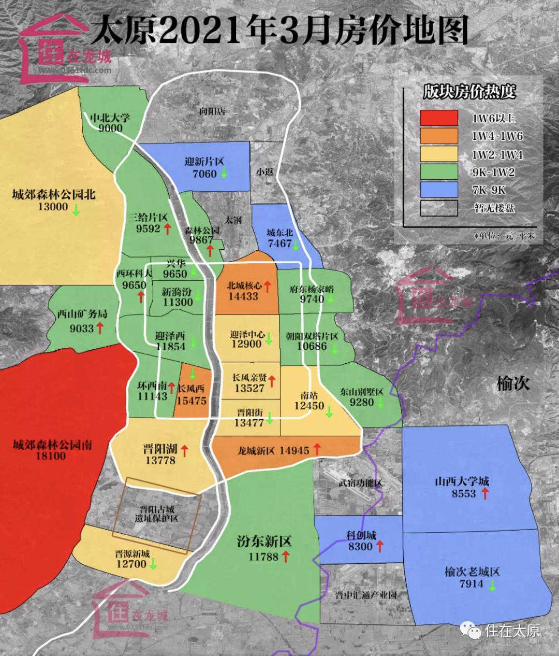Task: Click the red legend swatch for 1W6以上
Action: coord(439,118)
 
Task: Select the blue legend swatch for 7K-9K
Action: coord(439,190)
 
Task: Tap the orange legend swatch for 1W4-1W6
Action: coord(439,136)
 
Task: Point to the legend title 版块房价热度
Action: coord(469,92)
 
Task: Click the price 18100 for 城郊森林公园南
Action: coord(51,456)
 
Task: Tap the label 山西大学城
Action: coord(462,481)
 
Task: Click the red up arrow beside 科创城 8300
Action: coord(379,546)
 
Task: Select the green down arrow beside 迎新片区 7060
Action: coord(224,173)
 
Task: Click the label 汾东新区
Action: coord(264,542)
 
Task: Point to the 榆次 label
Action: coord(513,383)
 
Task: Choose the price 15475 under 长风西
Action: coord(191,401)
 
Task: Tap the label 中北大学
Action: coord(110,117)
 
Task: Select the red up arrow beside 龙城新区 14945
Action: coord(317,449)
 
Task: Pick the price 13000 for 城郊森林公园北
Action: coord(53,207)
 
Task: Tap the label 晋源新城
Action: coord(133,553)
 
